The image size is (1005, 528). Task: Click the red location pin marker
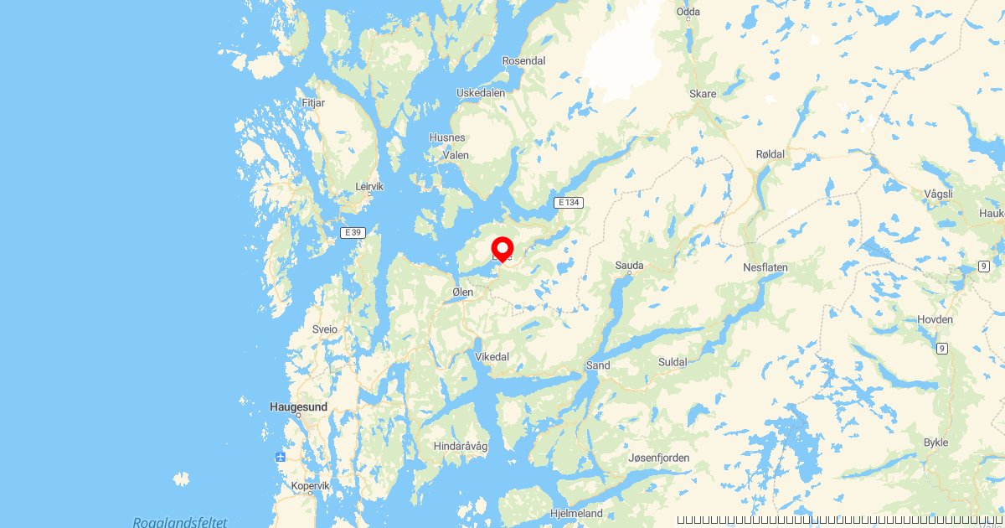[x=502, y=249]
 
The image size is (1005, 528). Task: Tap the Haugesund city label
[x=298, y=406]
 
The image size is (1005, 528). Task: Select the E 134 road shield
[x=568, y=203]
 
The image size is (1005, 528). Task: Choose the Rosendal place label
[x=523, y=60]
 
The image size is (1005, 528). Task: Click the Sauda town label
[x=629, y=266]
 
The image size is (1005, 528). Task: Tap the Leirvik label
[x=369, y=186]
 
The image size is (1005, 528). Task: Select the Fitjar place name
[x=312, y=104]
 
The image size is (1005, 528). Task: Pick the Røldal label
[x=770, y=154]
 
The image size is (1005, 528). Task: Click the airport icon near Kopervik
[x=281, y=457]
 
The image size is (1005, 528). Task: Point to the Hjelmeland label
[x=576, y=513]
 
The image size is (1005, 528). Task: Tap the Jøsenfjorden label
[x=659, y=458]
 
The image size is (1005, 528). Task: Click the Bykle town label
[x=935, y=442]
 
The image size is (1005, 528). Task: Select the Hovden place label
[x=935, y=319]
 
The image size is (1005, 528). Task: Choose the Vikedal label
[x=492, y=357]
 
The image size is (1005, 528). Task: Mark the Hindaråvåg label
[x=461, y=447]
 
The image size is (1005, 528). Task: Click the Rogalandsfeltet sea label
[x=179, y=521]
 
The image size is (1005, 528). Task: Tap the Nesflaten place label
[x=765, y=267]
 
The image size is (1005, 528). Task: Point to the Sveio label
[x=324, y=329]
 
